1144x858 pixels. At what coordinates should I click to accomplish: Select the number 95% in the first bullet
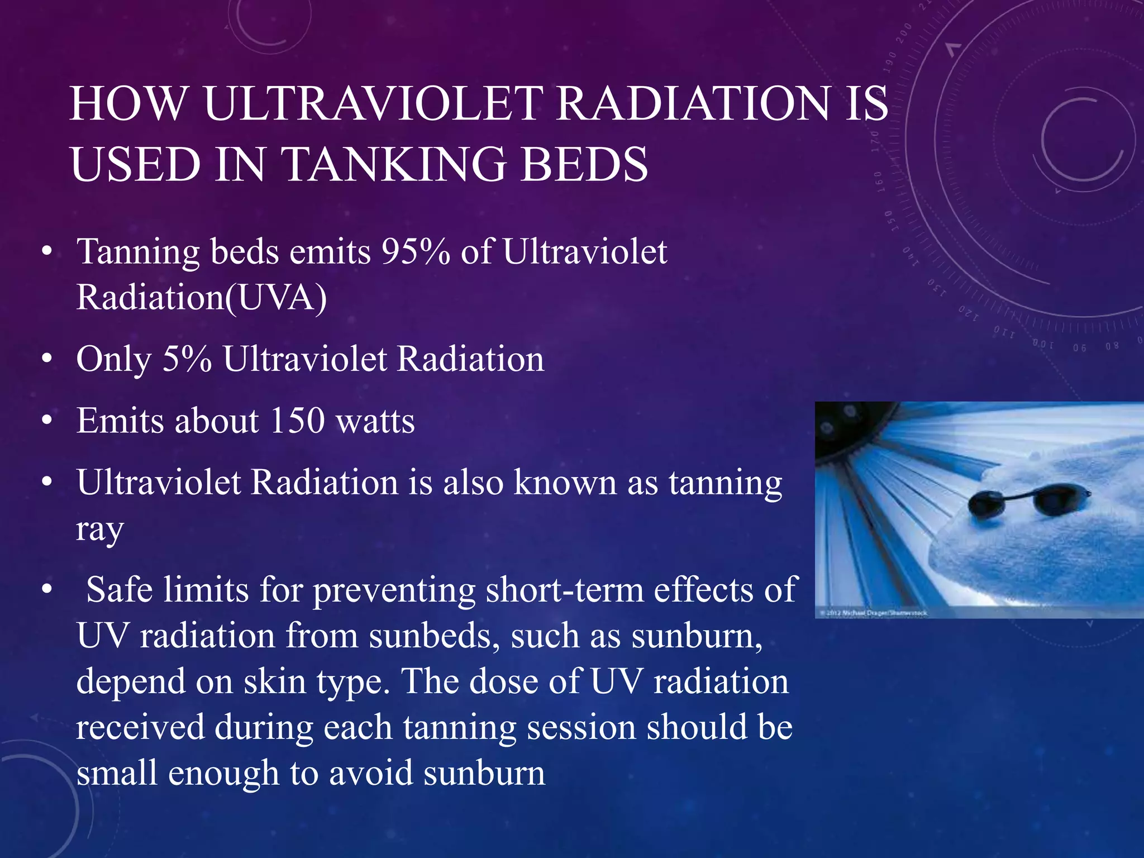416,251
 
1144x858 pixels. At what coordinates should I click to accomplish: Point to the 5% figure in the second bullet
187,359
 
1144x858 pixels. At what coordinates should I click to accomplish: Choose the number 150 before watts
297,420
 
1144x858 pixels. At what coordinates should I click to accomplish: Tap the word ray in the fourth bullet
99,530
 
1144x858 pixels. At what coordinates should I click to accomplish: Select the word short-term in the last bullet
565,589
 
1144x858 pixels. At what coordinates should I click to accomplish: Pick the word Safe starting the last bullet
120,589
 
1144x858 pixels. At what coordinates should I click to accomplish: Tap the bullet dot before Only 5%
47,359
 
